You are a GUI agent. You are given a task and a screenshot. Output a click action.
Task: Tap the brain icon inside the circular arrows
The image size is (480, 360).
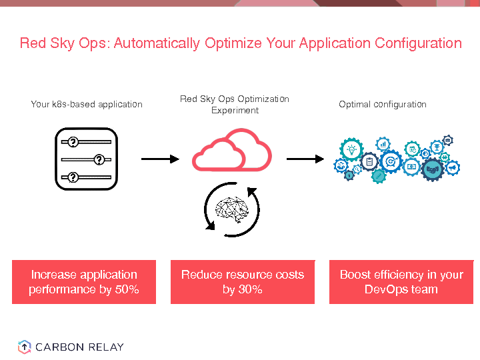[x=231, y=209]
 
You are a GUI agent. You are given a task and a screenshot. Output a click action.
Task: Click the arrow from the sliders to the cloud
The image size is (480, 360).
[x=160, y=159]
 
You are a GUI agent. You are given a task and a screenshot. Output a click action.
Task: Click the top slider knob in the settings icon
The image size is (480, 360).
[x=73, y=141]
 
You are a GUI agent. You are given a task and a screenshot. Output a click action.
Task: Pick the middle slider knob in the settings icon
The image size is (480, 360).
[x=99, y=159]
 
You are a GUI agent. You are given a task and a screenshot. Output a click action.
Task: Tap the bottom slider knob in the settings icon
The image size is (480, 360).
[x=73, y=177]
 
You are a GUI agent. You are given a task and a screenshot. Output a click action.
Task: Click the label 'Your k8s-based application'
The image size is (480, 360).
[x=87, y=105]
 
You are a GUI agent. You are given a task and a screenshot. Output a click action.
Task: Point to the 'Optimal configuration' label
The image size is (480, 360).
[x=383, y=105]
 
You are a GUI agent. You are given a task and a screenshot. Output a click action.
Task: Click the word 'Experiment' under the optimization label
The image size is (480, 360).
[x=235, y=111]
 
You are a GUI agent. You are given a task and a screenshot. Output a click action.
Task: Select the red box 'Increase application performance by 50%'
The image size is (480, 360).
[x=84, y=282]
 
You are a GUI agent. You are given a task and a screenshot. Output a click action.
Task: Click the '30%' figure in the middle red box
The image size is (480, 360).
[x=251, y=289]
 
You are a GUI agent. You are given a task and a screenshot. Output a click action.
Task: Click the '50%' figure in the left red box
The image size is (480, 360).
[x=126, y=289]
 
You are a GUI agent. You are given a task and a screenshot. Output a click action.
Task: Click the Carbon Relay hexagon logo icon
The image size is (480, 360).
[x=24, y=347]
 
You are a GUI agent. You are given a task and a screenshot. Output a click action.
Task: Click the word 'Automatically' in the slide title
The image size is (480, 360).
[x=157, y=44]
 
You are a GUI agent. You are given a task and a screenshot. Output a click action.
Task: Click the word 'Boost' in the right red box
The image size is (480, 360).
[x=355, y=275]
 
